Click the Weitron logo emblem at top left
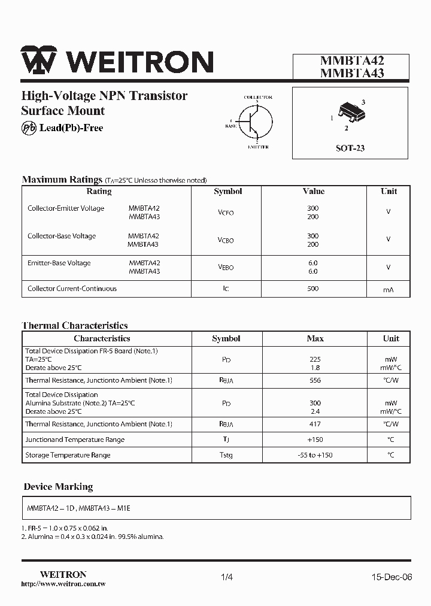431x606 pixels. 39,60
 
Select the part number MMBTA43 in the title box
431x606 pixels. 352,74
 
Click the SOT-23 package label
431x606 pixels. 350,148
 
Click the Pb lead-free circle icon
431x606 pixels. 29,128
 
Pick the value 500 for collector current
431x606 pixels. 312,289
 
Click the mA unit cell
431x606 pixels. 388,290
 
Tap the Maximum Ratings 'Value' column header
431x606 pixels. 314,192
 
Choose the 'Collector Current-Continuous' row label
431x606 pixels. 72,289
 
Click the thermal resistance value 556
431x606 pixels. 315,380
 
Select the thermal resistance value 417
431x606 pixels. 315,424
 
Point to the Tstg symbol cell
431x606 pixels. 226,455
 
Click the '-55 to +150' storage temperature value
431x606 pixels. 315,455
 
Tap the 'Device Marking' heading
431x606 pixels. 58,487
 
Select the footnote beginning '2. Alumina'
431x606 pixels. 93,537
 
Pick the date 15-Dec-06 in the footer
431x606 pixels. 391,577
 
